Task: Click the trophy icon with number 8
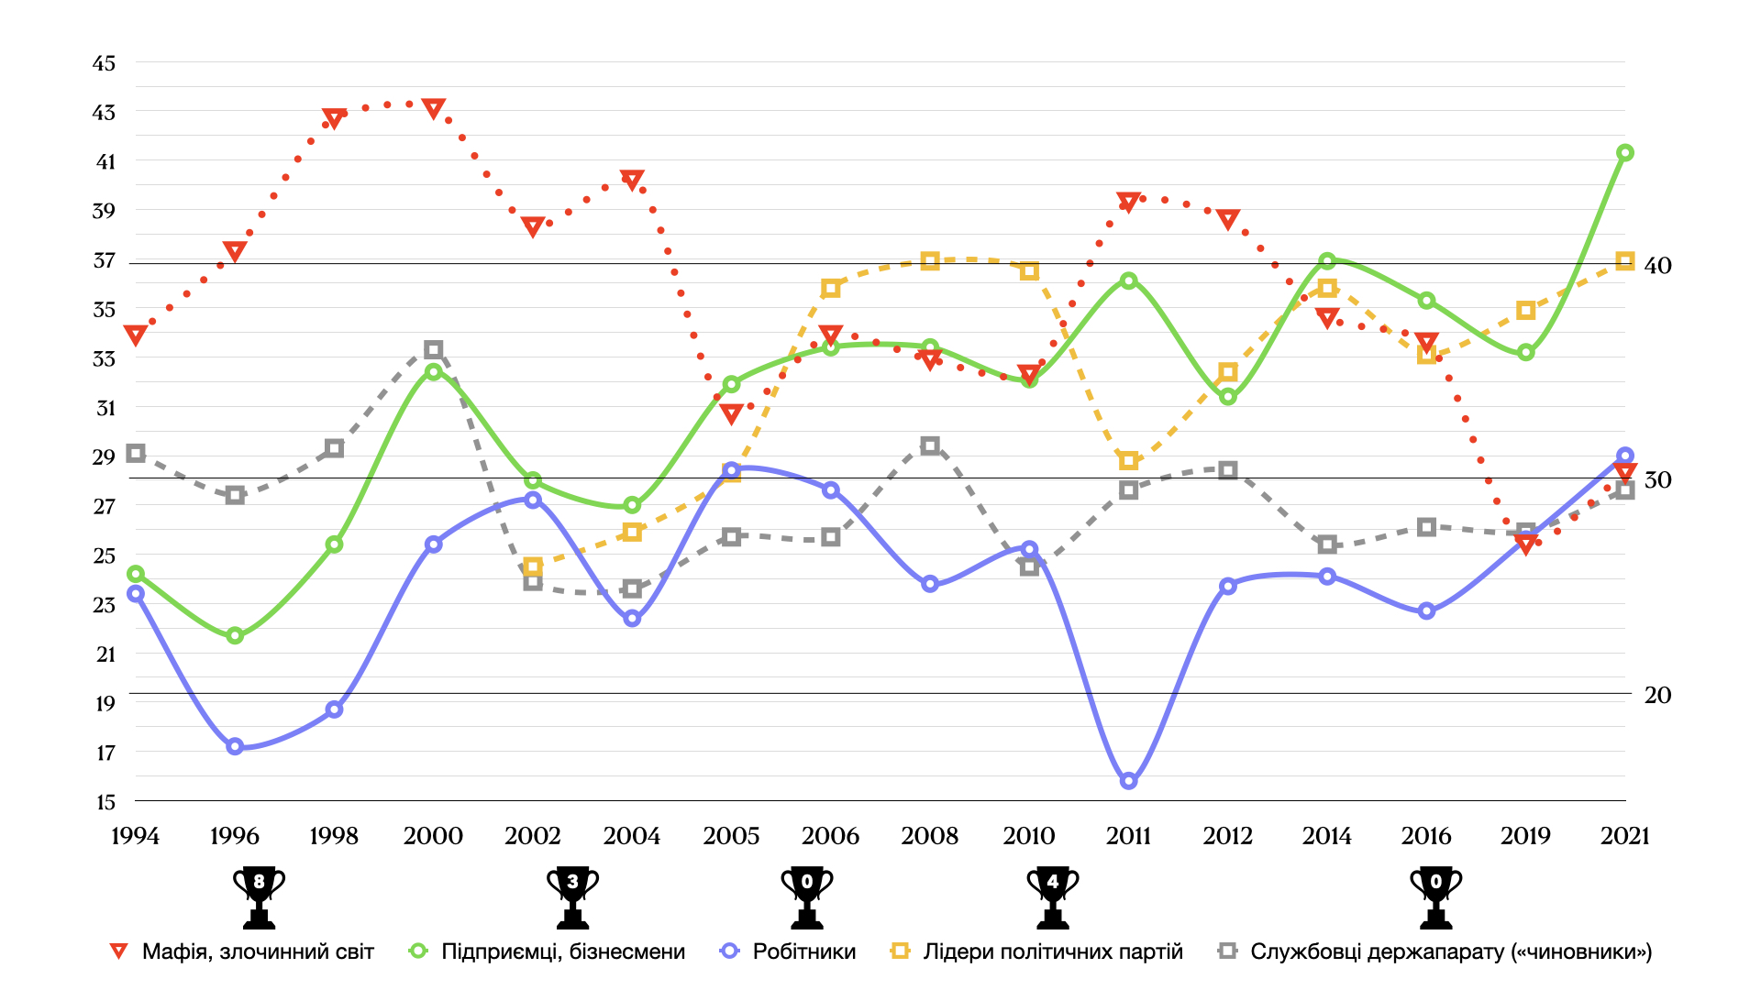click(259, 896)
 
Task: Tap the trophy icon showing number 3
click(572, 896)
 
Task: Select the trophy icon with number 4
click(1052, 896)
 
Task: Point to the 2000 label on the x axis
click(433, 836)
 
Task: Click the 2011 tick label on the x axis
click(1128, 836)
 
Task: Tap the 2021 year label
click(1624, 836)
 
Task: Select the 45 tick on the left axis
click(105, 63)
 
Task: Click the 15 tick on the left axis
click(105, 802)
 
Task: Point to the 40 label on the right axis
click(1657, 266)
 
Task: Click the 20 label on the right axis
click(1657, 695)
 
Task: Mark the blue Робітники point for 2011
click(1129, 781)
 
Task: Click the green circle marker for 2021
click(1624, 153)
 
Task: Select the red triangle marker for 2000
click(434, 109)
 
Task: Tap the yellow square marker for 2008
click(930, 261)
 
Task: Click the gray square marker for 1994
click(136, 453)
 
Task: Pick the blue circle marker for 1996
click(235, 746)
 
